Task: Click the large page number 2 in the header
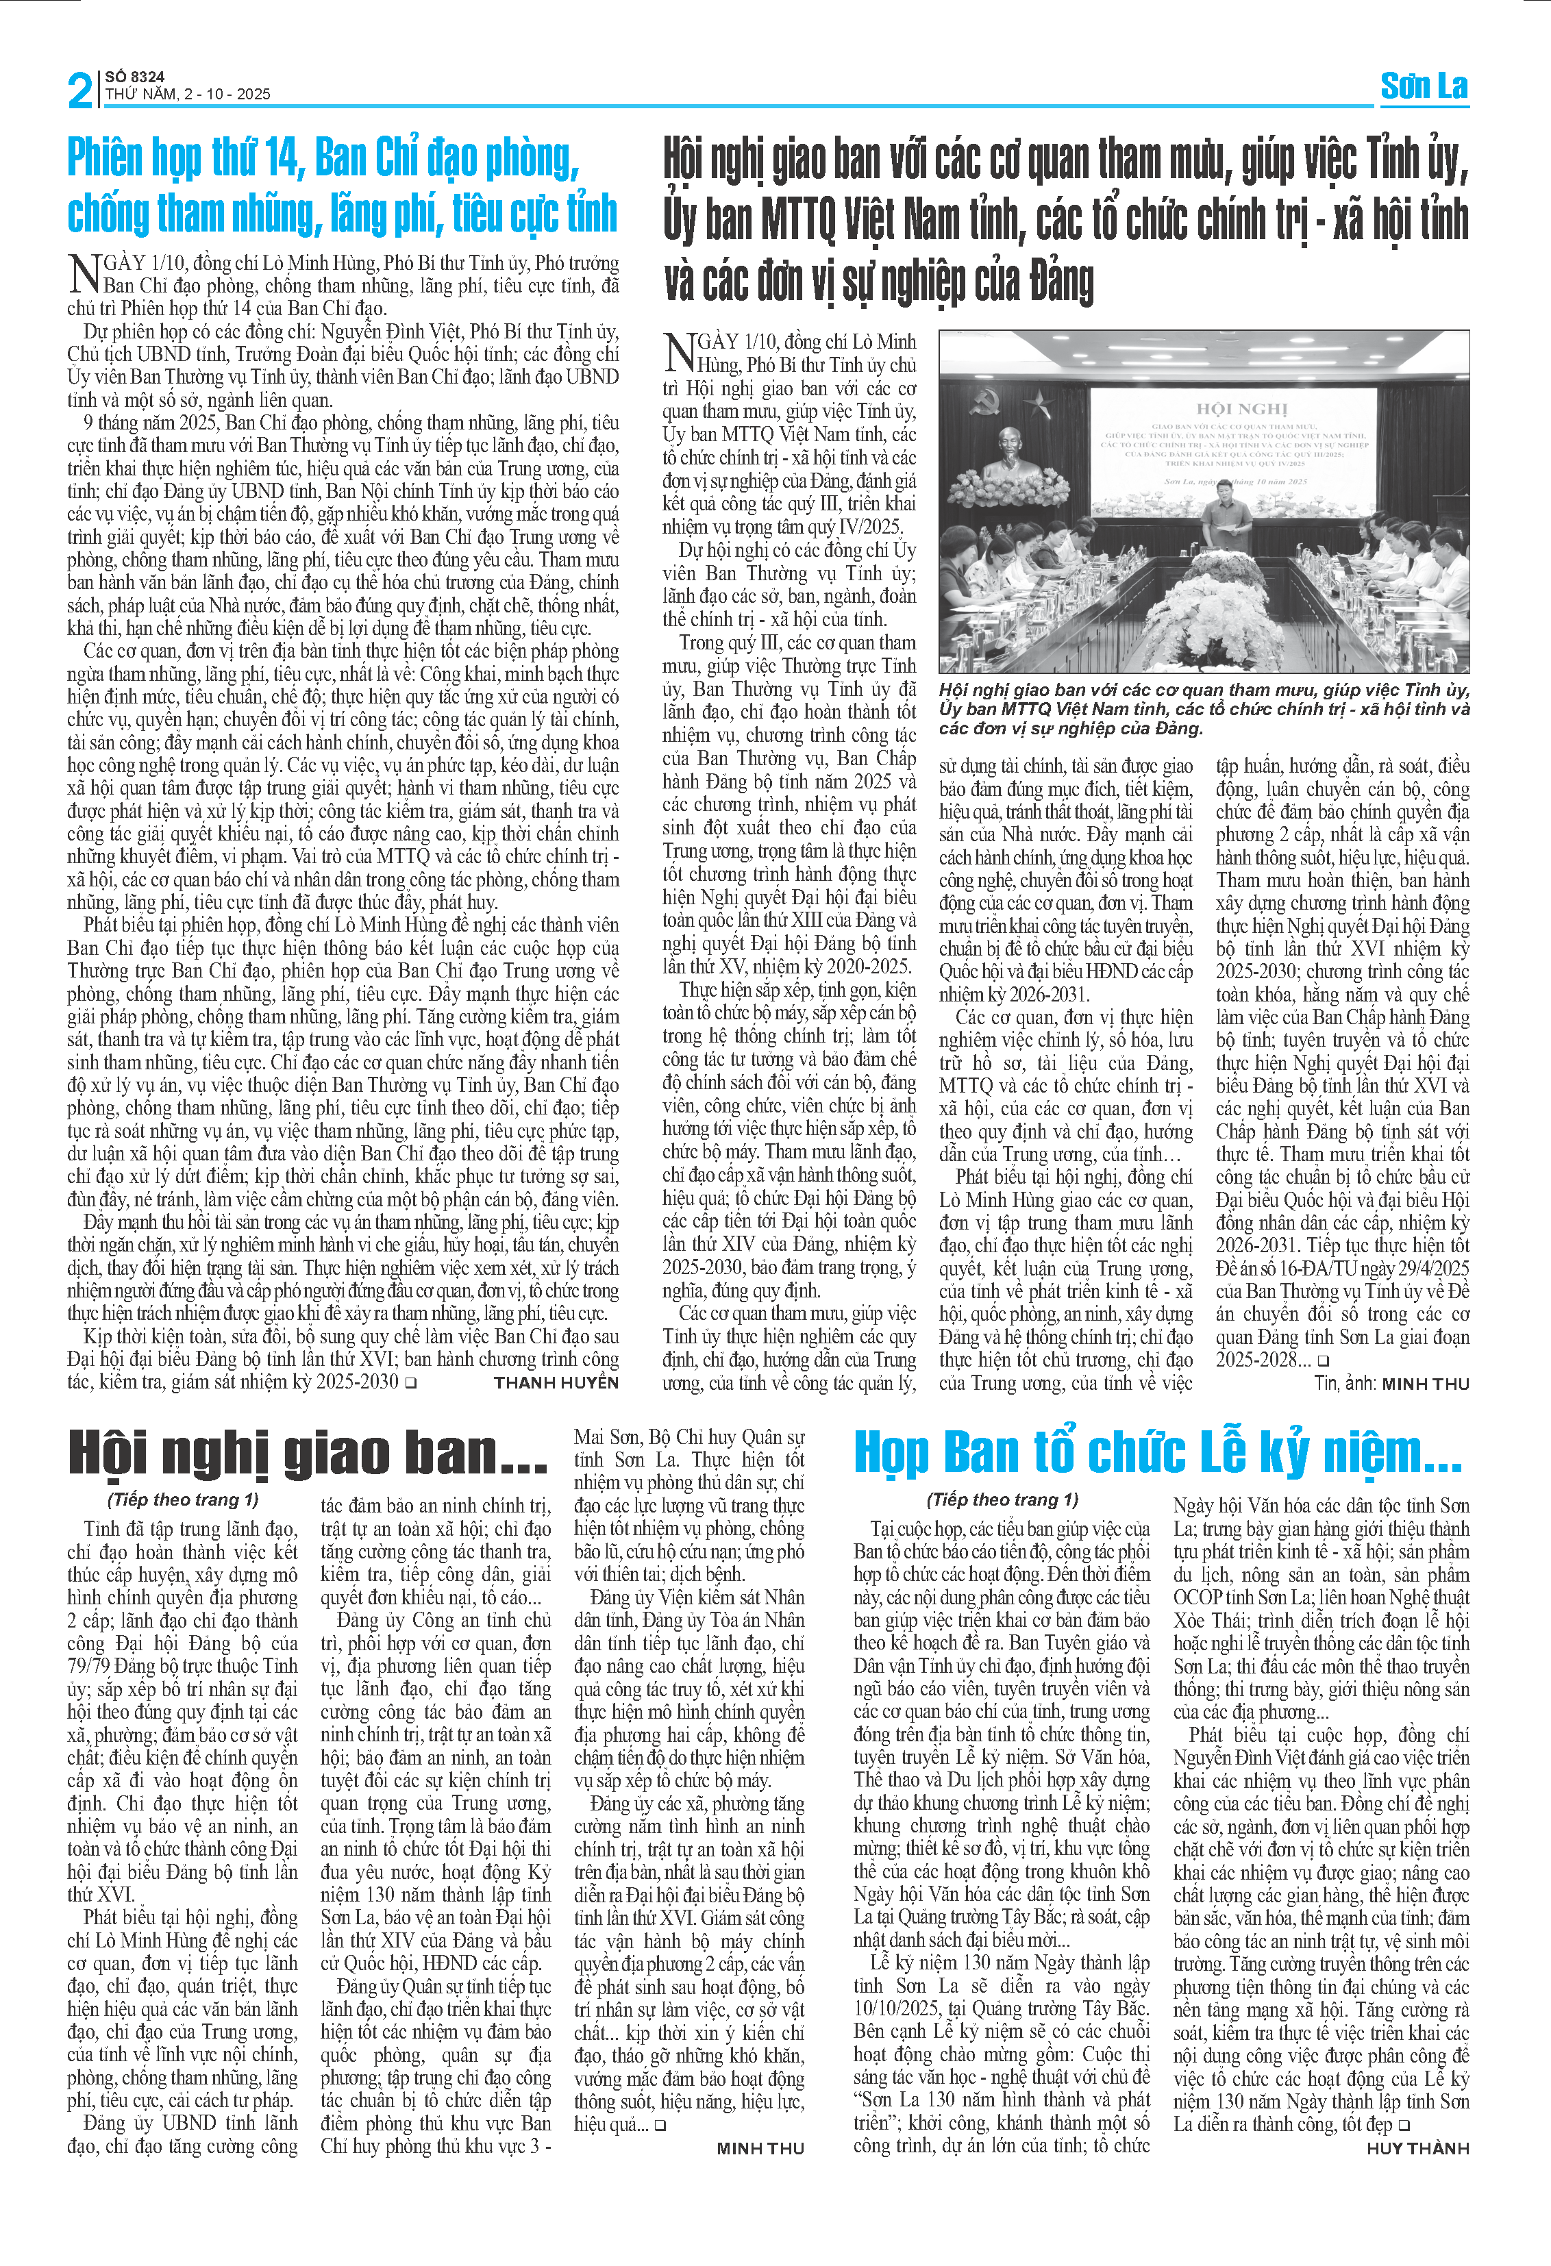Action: (x=80, y=90)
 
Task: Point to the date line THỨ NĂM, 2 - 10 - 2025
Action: (x=187, y=95)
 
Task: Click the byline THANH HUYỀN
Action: (x=556, y=1382)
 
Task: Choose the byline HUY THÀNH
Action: (x=1417, y=2148)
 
